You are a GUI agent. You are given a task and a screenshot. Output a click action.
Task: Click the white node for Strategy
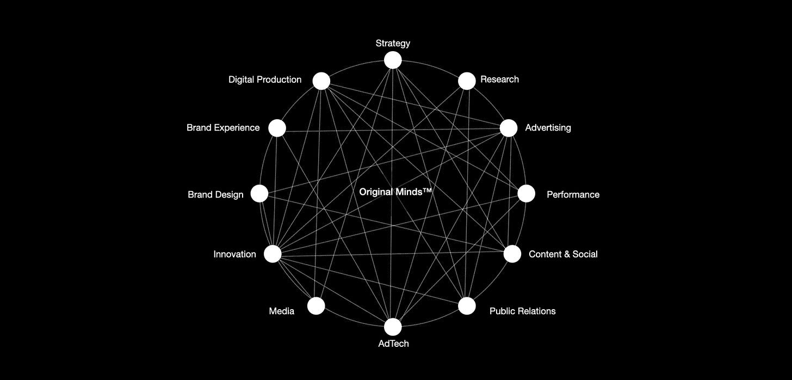click(x=393, y=60)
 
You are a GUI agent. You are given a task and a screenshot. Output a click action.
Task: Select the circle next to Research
click(x=467, y=81)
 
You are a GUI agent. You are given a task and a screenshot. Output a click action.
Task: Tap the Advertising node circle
click(x=509, y=128)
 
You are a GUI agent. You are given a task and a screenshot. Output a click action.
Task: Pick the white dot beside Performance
click(x=526, y=193)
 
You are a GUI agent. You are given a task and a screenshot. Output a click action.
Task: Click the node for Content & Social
click(x=512, y=254)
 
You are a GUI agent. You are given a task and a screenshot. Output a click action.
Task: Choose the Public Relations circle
click(x=467, y=306)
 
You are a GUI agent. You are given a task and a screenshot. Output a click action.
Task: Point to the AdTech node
click(x=393, y=327)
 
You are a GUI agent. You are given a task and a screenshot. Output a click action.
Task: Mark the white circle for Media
click(x=316, y=306)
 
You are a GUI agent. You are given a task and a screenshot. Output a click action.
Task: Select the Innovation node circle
click(x=273, y=254)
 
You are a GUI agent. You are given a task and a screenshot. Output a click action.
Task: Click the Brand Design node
click(x=259, y=193)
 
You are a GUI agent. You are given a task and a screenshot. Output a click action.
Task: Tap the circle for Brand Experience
click(x=277, y=128)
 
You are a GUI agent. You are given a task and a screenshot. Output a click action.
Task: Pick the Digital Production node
click(x=321, y=81)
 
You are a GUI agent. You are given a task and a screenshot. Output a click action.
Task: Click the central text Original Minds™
click(x=395, y=192)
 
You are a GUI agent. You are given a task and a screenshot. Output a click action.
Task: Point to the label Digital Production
click(x=265, y=79)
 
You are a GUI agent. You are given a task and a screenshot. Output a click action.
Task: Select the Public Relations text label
click(x=522, y=311)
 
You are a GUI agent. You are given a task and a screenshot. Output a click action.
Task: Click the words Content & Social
click(x=563, y=254)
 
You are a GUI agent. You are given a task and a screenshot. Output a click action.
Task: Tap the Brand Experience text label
click(x=223, y=127)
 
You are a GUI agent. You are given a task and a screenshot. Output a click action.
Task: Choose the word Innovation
click(x=234, y=254)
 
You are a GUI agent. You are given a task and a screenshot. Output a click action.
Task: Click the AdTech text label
click(x=393, y=344)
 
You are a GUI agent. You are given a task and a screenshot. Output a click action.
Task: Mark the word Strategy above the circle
click(x=393, y=43)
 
